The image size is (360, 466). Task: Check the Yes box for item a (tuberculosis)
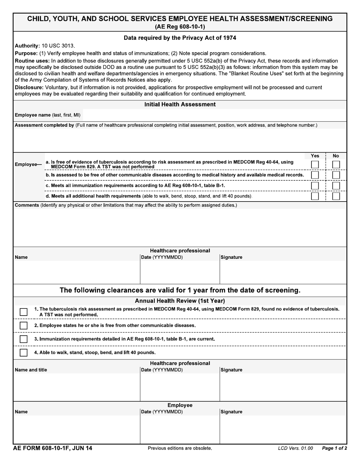click(x=315, y=165)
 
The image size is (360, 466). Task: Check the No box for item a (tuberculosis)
click(x=336, y=165)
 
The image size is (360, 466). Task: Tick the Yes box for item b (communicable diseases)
click(x=315, y=175)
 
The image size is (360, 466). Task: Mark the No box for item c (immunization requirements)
click(x=336, y=186)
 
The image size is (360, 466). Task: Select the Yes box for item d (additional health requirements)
click(x=315, y=197)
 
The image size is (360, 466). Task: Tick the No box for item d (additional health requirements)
click(x=336, y=197)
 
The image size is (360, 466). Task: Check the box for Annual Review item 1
click(x=23, y=312)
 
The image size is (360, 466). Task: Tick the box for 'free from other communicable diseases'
click(x=23, y=325)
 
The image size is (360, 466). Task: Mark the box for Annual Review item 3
click(x=23, y=339)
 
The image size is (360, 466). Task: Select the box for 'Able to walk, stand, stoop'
click(x=23, y=353)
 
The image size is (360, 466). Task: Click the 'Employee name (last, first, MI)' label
click(x=47, y=115)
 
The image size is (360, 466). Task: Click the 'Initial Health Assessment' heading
click(x=180, y=105)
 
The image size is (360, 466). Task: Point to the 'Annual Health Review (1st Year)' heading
click(x=180, y=301)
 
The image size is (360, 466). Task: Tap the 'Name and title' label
click(x=31, y=370)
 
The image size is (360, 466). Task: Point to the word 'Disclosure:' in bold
click(x=29, y=88)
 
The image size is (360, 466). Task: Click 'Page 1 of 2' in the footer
click(x=334, y=449)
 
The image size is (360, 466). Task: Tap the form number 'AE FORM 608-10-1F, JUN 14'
click(x=53, y=449)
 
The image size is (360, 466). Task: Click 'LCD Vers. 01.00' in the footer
click(x=295, y=449)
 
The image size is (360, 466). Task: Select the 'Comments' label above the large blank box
click(x=27, y=205)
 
